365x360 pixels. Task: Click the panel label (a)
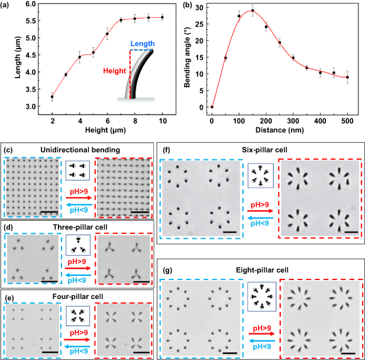point(8,7)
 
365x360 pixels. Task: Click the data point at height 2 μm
point(52,97)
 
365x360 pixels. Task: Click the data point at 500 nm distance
point(348,77)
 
